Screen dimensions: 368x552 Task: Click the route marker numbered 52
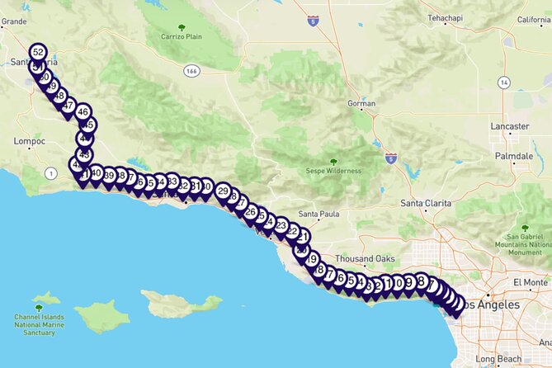tap(37, 53)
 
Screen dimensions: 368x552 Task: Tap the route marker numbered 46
tap(83, 111)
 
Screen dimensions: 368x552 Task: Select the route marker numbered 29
tap(223, 191)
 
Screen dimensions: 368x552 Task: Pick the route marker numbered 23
tap(281, 225)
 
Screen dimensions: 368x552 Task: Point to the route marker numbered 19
tap(311, 259)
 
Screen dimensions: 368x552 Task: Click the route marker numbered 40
tap(96, 173)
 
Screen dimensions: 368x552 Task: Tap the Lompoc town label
tap(30, 141)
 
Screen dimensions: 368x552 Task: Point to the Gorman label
tap(361, 104)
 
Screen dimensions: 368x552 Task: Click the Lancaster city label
tap(509, 126)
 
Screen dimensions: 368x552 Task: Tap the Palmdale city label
tap(512, 156)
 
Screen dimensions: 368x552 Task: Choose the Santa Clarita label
tap(427, 203)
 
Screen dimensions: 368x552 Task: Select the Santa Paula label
tap(318, 215)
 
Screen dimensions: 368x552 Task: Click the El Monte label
tap(529, 282)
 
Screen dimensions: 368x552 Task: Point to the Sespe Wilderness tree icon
tap(333, 162)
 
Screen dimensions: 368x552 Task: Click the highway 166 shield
tap(191, 71)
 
